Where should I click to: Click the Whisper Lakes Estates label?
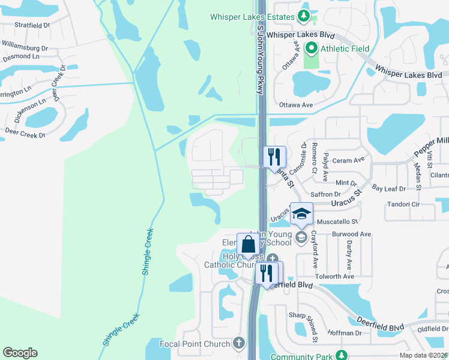pos(253,17)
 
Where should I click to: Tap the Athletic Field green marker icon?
pos(312,48)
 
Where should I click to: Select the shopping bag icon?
pos(249,244)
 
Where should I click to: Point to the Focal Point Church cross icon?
pos(239,343)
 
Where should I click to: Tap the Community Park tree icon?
pos(342,356)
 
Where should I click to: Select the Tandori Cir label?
pos(403,205)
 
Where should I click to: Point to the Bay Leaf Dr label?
pos(388,188)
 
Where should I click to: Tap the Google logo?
pos(20,353)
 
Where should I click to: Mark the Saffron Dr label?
pos(325,194)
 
